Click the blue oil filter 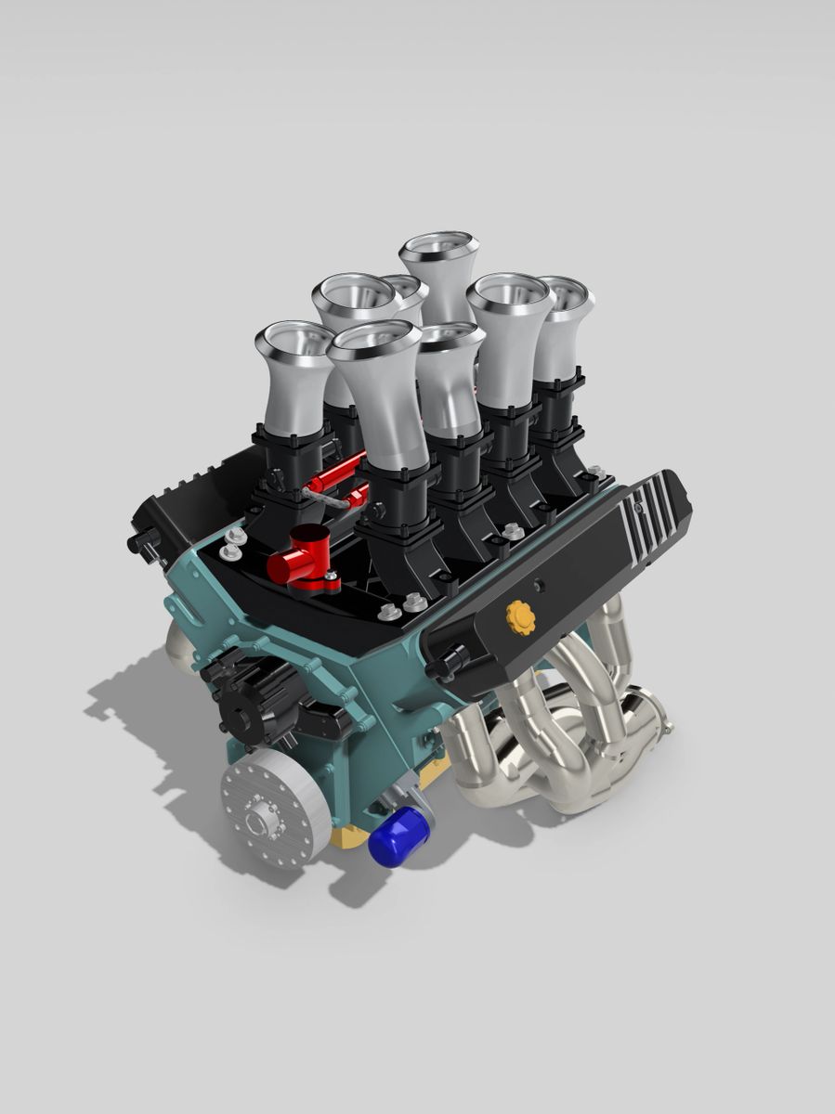pos(398,836)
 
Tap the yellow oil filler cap pos(521,617)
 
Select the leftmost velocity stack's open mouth pos(294,340)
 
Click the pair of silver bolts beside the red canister pos(233,544)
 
